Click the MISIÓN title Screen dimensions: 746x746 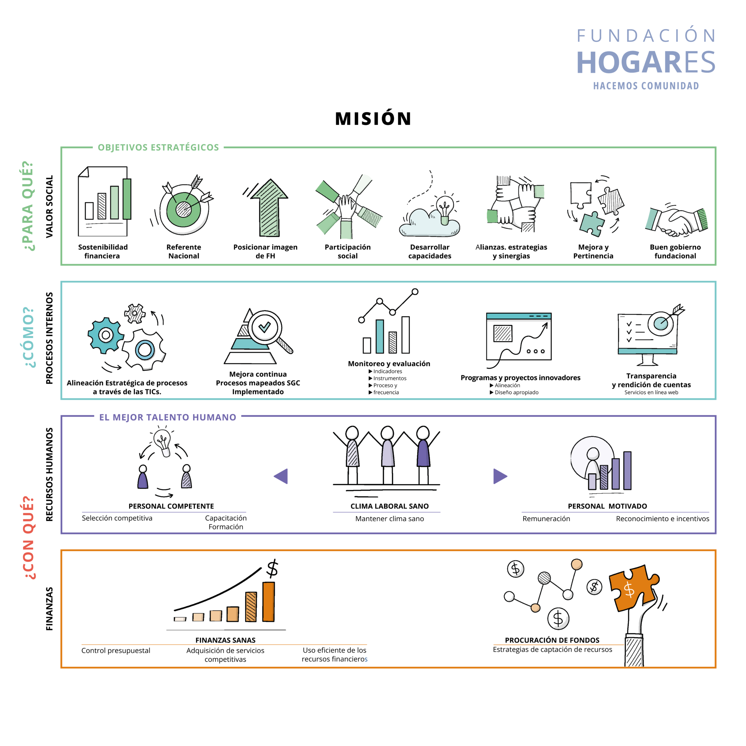tap(373, 118)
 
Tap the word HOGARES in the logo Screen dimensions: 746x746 tap(645, 62)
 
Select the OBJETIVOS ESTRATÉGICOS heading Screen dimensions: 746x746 tap(158, 148)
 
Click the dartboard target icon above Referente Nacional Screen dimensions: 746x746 tap(184, 209)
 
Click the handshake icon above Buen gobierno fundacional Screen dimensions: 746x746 tap(676, 221)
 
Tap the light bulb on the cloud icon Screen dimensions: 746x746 tap(444, 207)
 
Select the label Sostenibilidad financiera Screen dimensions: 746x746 tap(103, 251)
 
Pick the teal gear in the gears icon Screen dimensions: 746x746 tap(105, 335)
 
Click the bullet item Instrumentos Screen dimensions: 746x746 tap(390, 378)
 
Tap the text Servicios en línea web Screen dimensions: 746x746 tap(651, 392)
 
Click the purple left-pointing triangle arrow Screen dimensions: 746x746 tap(281, 476)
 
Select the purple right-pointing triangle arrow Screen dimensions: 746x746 tap(500, 476)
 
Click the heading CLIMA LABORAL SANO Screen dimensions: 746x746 tap(389, 506)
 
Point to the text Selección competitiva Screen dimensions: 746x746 tap(117, 518)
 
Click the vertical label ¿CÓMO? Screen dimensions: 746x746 tap(30, 337)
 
